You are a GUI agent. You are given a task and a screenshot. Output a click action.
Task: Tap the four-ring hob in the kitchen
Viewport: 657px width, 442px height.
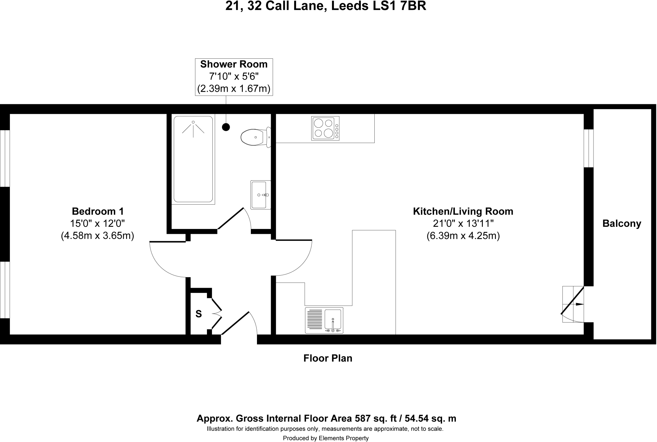pyautogui.click(x=325, y=128)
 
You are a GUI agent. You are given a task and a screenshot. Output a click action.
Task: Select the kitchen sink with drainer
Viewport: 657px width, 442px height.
pyautogui.click(x=324, y=320)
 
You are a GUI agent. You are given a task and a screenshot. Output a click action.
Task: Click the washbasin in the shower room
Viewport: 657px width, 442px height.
pyautogui.click(x=260, y=195)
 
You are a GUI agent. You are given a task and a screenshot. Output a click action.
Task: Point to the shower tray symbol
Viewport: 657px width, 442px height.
pyautogui.click(x=193, y=159)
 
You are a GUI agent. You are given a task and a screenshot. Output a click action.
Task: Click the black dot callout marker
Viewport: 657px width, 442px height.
pyautogui.click(x=226, y=127)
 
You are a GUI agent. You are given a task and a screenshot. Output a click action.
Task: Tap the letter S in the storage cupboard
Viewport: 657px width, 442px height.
pyautogui.click(x=199, y=314)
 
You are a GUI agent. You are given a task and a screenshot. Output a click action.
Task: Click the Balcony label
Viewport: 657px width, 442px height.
pyautogui.click(x=621, y=224)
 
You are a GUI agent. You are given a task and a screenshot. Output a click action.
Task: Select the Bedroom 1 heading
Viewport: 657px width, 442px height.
pyautogui.click(x=98, y=211)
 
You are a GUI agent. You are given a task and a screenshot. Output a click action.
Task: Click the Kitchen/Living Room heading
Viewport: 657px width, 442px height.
pyautogui.click(x=463, y=211)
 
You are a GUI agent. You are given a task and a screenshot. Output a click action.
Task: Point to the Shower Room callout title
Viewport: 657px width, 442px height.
pyautogui.click(x=234, y=64)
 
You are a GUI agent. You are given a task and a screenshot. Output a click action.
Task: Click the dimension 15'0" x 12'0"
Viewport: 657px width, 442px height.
pyautogui.click(x=98, y=223)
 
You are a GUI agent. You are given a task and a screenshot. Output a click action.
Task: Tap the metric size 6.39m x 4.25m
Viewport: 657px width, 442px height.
pyautogui.click(x=463, y=236)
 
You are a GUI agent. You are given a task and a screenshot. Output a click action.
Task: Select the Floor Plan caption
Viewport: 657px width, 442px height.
pyautogui.click(x=328, y=358)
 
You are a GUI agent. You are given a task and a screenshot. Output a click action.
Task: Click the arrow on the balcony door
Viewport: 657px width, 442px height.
pyautogui.click(x=579, y=304)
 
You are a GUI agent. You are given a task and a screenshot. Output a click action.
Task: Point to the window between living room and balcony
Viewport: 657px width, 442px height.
pyautogui.click(x=588, y=148)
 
